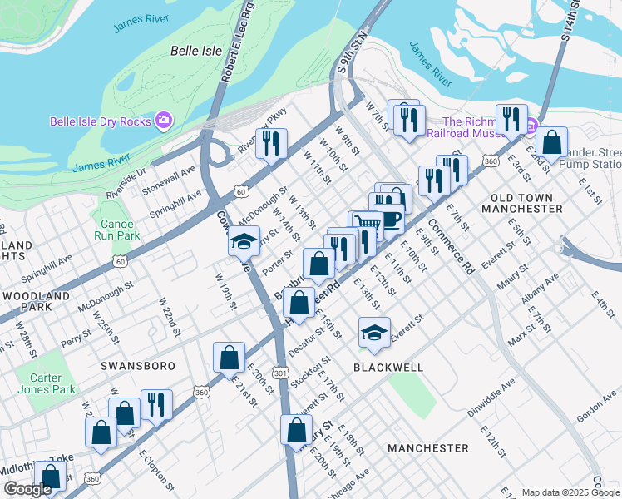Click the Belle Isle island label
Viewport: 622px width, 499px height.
[x=196, y=51]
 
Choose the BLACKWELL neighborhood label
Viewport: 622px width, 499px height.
[x=388, y=367]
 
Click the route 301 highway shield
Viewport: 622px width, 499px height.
[x=281, y=373]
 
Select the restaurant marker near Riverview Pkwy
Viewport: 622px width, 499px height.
[x=271, y=142]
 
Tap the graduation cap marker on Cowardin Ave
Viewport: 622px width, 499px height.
[x=243, y=241]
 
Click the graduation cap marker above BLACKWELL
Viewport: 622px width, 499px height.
[x=374, y=333]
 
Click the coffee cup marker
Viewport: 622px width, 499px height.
[x=390, y=220]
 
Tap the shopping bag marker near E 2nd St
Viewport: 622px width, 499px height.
[x=550, y=142]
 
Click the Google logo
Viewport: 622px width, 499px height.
[x=27, y=489]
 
